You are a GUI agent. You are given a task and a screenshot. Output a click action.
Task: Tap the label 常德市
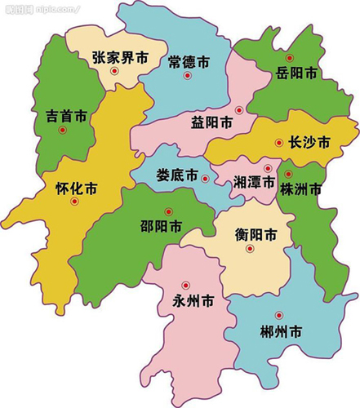[189, 61]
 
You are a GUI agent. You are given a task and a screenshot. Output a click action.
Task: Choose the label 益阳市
[211, 122]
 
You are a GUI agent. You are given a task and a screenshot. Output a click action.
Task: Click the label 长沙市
[309, 142]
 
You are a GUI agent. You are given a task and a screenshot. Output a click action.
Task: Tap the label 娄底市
[177, 175]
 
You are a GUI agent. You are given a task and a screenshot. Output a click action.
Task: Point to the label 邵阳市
[160, 228]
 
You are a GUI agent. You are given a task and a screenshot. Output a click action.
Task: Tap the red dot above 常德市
[188, 76]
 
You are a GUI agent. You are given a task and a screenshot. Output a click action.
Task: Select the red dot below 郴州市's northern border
[279, 315]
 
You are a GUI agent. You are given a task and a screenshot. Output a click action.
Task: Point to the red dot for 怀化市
[74, 202]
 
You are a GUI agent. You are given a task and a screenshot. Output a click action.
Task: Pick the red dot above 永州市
[184, 285]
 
